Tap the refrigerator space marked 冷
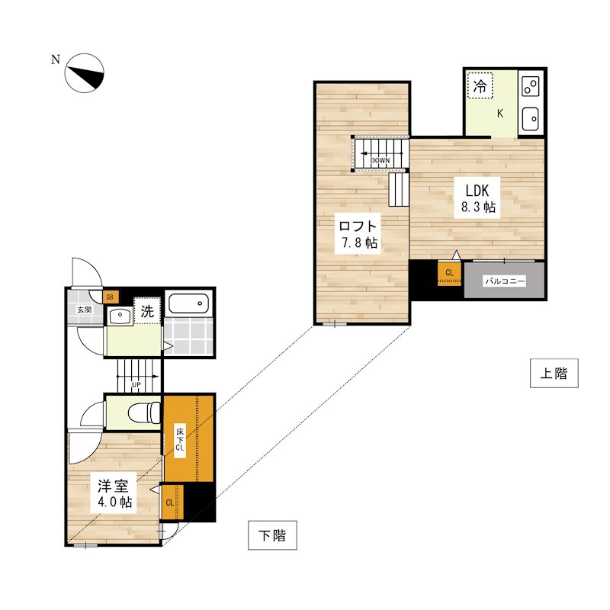[480, 85]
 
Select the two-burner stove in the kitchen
[531, 87]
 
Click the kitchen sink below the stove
[530, 119]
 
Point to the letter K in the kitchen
[500, 114]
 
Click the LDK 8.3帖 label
[478, 198]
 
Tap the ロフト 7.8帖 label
[358, 234]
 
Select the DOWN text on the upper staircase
[380, 160]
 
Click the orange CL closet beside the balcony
[449, 273]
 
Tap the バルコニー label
[505, 281]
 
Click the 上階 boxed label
[554, 374]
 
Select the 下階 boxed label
[272, 535]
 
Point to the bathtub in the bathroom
[188, 303]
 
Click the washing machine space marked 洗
[147, 311]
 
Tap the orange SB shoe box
[110, 297]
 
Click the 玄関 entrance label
[84, 310]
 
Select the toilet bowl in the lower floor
[144, 413]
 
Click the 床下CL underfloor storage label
[180, 440]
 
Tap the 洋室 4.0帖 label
[113, 493]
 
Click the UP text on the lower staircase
[136, 385]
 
